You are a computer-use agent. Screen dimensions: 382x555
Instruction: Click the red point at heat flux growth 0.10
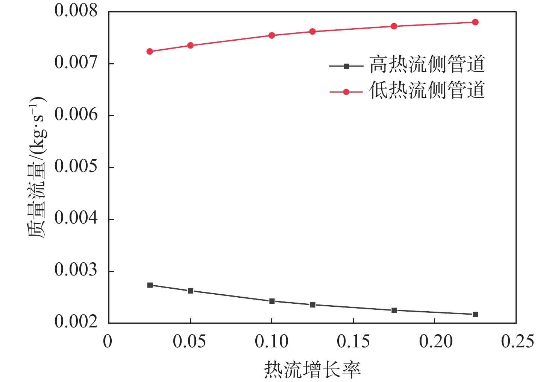coord(271,35)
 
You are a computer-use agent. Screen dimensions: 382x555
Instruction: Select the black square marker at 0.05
coord(191,291)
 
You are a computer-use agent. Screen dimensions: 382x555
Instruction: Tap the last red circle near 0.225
coord(475,22)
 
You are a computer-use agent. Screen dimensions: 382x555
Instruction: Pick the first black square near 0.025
coord(150,285)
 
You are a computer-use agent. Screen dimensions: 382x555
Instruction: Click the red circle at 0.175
coord(394,26)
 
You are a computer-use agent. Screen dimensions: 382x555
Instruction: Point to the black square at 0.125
coord(312,304)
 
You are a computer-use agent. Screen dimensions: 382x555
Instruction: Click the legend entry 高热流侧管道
coord(427,64)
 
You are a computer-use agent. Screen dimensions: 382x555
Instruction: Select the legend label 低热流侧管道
coord(427,91)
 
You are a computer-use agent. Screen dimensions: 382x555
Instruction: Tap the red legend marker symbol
coord(346,92)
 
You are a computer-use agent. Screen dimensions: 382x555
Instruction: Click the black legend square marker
coord(346,66)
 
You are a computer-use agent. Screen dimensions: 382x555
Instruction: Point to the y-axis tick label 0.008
coord(76,11)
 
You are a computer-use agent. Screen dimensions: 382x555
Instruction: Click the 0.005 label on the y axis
coord(76,167)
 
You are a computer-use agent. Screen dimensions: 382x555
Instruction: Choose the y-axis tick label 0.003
coord(76,271)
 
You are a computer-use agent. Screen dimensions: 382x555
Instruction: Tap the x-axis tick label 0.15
coord(353,342)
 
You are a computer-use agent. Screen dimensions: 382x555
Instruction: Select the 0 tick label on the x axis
coord(108,342)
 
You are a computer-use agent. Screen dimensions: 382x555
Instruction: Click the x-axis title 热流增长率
coord(312,370)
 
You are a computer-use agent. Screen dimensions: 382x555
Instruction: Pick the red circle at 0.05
coord(191,46)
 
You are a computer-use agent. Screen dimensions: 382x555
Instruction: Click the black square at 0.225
coord(475,314)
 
